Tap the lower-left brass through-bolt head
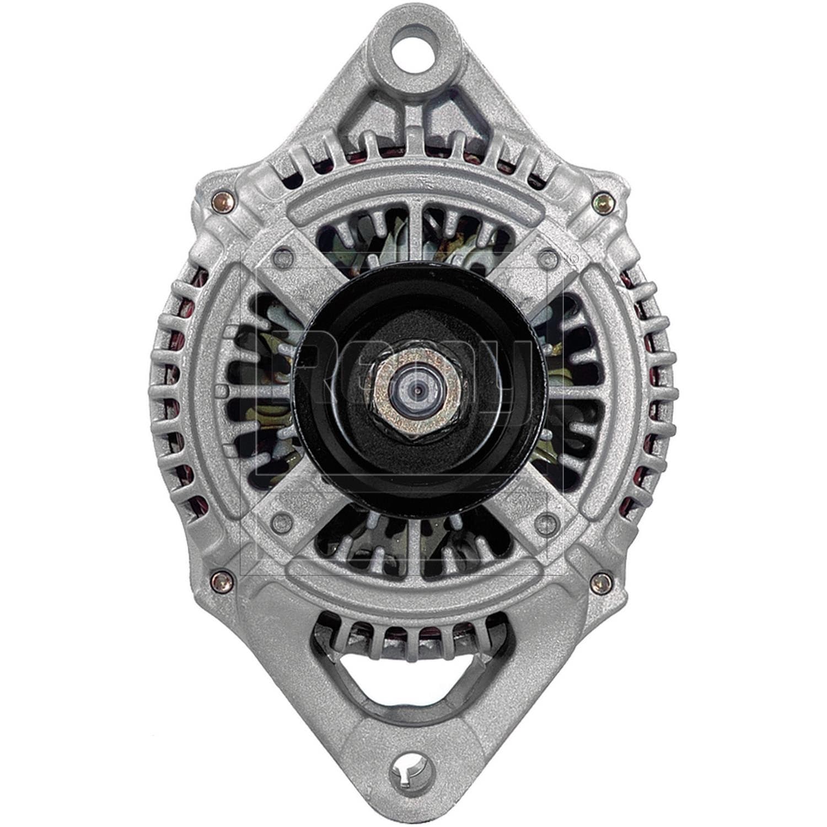219,580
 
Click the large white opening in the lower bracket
413,684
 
